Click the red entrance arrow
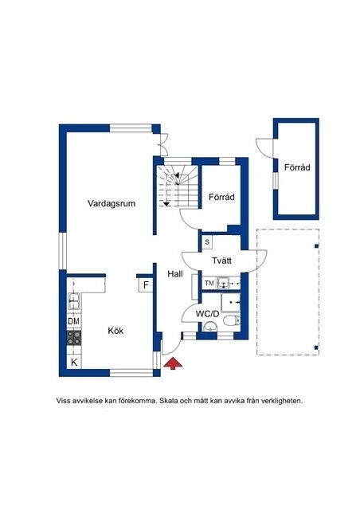point(173,363)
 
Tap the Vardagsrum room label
point(112,204)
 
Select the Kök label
point(115,331)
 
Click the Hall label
point(175,274)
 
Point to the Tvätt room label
point(221,261)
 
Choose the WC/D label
point(207,314)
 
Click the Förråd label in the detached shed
point(297,167)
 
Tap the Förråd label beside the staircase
point(221,197)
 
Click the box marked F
point(146,285)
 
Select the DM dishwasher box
point(74,321)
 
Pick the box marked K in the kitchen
point(74,362)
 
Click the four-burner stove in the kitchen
point(74,338)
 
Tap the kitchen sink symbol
point(74,300)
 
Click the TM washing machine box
point(209,283)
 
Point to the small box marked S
point(207,242)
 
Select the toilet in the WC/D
point(232,320)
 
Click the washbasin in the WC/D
point(210,327)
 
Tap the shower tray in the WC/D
point(230,303)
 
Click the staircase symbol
point(178,186)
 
